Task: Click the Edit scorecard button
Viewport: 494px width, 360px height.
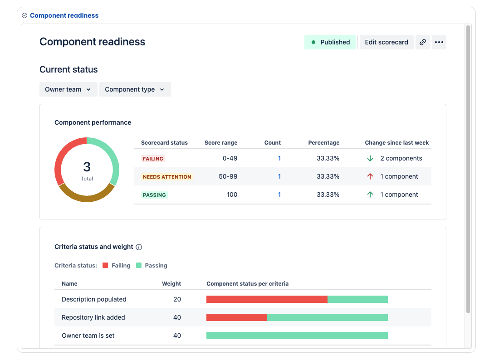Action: pyautogui.click(x=386, y=42)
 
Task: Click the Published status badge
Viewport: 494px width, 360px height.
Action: pyautogui.click(x=330, y=42)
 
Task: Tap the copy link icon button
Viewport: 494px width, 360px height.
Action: pyautogui.click(x=422, y=42)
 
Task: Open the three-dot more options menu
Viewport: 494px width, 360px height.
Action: pyautogui.click(x=439, y=42)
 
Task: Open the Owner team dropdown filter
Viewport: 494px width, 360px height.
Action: pyautogui.click(x=68, y=89)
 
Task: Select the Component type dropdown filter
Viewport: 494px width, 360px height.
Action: pyautogui.click(x=135, y=89)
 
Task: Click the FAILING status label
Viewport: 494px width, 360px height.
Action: pyautogui.click(x=153, y=159)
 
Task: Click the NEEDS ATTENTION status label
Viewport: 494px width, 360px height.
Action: pyautogui.click(x=166, y=177)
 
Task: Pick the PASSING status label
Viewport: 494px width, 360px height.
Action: pyautogui.click(x=154, y=195)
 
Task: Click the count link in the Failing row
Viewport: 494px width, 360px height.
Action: pyautogui.click(x=279, y=159)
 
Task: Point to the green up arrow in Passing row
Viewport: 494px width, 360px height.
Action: pyautogui.click(x=370, y=195)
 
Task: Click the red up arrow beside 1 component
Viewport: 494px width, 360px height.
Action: pyautogui.click(x=370, y=176)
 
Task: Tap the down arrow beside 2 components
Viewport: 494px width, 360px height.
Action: pyautogui.click(x=370, y=158)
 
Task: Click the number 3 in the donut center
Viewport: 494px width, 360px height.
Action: pyautogui.click(x=87, y=166)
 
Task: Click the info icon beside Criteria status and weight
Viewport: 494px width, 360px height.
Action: pyautogui.click(x=139, y=247)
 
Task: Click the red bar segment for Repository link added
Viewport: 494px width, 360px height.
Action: pyautogui.click(x=236, y=317)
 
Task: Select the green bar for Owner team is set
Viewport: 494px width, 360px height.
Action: pyautogui.click(x=297, y=336)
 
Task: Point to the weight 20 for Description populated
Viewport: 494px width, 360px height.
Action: pyautogui.click(x=177, y=299)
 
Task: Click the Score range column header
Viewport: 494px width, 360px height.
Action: pyautogui.click(x=221, y=142)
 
